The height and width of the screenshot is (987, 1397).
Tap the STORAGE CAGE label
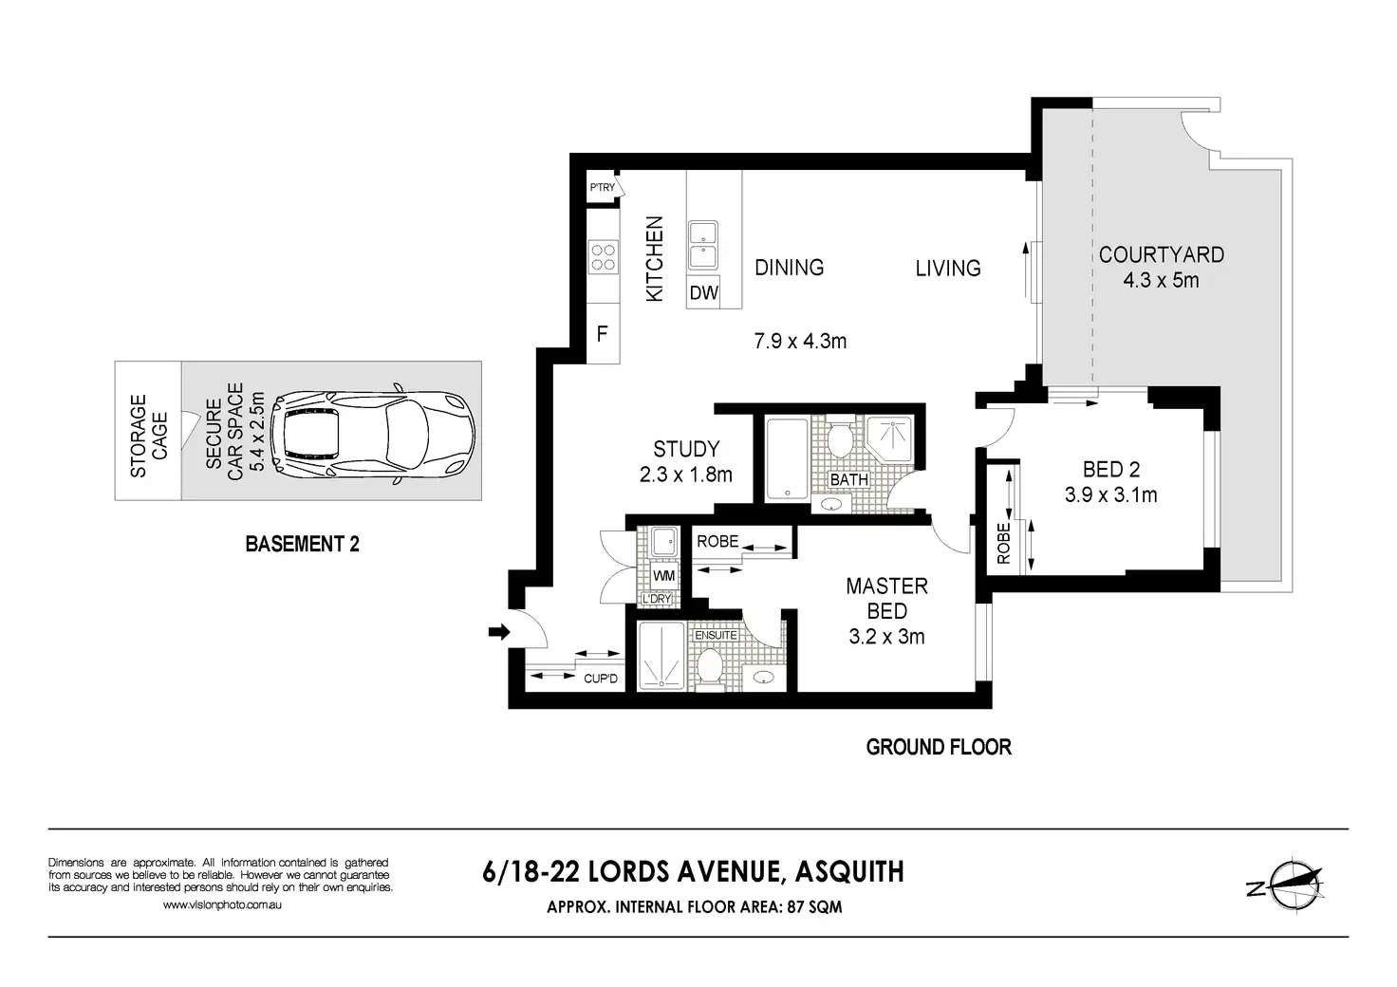[148, 436]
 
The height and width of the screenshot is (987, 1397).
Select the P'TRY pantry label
[603, 187]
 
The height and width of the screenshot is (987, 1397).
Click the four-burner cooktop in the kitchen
[603, 257]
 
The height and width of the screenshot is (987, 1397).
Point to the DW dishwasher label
[703, 292]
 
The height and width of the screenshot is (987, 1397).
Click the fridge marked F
[603, 333]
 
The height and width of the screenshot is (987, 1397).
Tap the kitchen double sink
[703, 245]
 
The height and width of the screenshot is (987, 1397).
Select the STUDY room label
[686, 449]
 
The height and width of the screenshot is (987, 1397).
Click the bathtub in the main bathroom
[787, 458]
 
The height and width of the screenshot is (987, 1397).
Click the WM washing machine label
[663, 576]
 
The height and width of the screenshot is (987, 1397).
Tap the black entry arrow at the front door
[499, 632]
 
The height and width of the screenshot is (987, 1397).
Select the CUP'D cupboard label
[600, 679]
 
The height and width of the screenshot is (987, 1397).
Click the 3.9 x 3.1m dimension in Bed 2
[1110, 495]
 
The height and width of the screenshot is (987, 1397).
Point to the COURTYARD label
[1162, 254]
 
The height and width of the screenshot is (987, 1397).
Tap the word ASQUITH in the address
[849, 871]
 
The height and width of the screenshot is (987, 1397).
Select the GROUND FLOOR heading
[939, 747]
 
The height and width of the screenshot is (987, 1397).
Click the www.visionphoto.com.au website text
[222, 904]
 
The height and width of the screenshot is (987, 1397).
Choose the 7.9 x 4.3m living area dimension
[800, 341]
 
